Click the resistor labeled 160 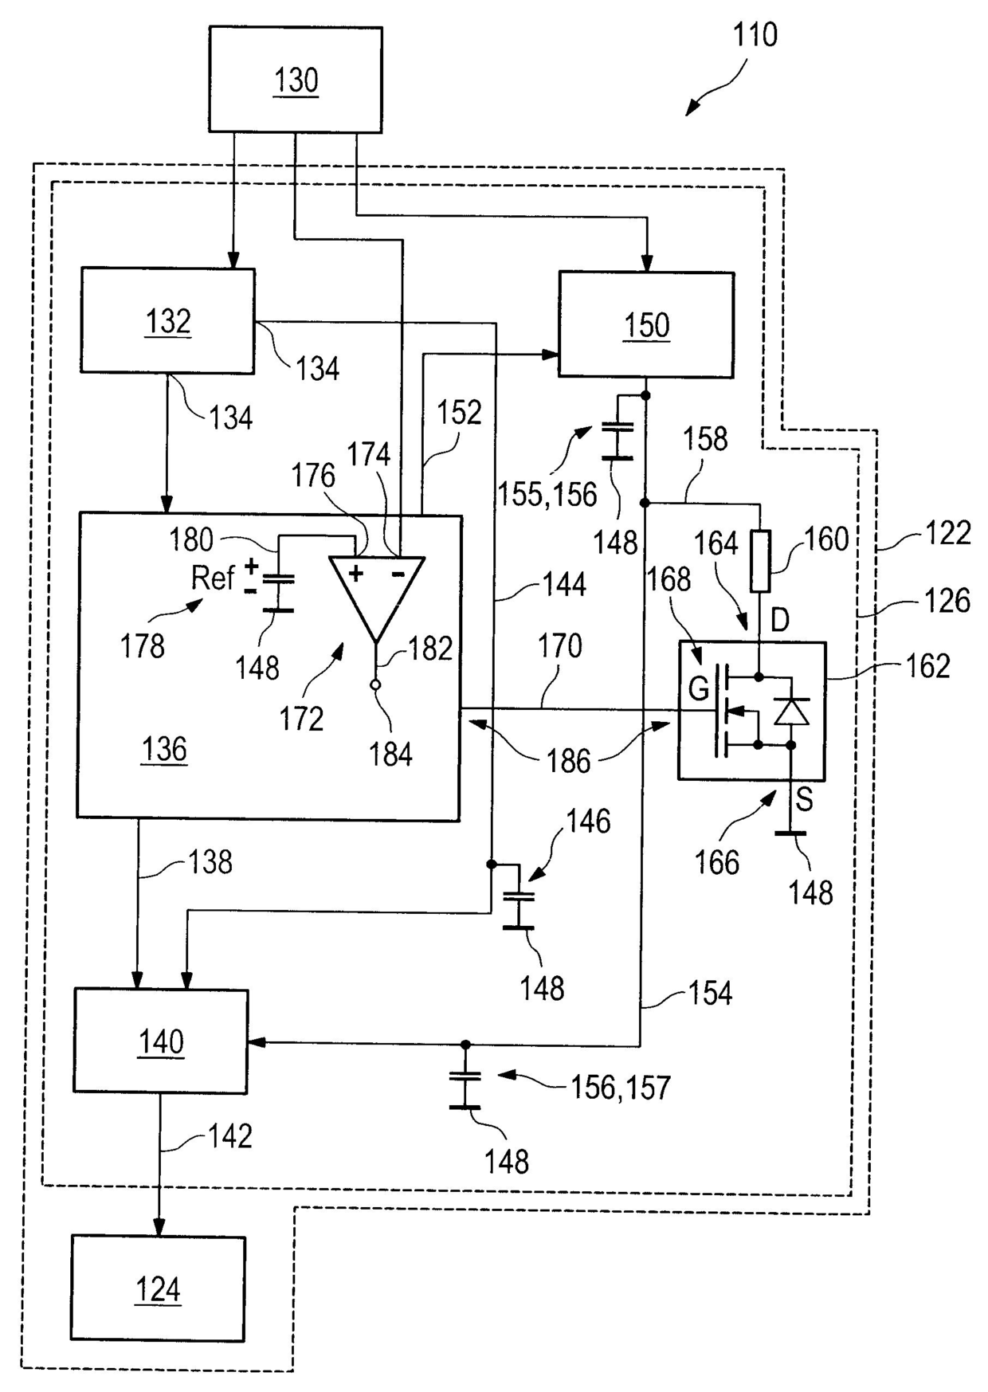(761, 562)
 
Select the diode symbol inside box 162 (791, 712)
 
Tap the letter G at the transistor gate (698, 688)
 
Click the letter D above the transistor (780, 619)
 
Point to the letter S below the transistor (804, 799)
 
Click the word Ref (213, 577)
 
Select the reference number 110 (755, 34)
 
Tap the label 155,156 (547, 494)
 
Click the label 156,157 (621, 1087)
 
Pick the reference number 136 (164, 749)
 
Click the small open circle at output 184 (376, 684)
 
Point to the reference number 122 (947, 532)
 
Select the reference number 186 (568, 761)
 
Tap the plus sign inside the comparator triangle (355, 572)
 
